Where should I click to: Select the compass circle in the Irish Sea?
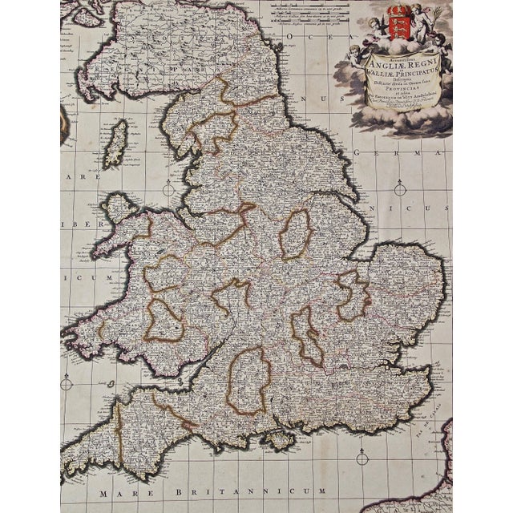click(169, 189)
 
